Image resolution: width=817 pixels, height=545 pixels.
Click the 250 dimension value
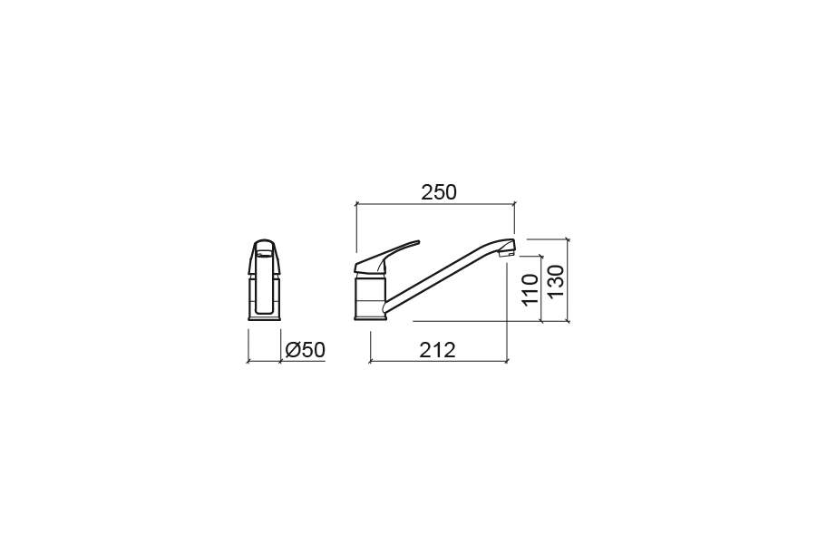(439, 192)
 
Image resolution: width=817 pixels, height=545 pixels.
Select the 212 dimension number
(438, 350)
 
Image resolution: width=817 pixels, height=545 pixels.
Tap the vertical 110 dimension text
(530, 289)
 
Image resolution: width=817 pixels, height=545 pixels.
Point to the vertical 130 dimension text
(556, 281)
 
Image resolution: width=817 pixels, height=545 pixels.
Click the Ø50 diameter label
(305, 350)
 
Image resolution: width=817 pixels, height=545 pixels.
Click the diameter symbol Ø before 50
(292, 350)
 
